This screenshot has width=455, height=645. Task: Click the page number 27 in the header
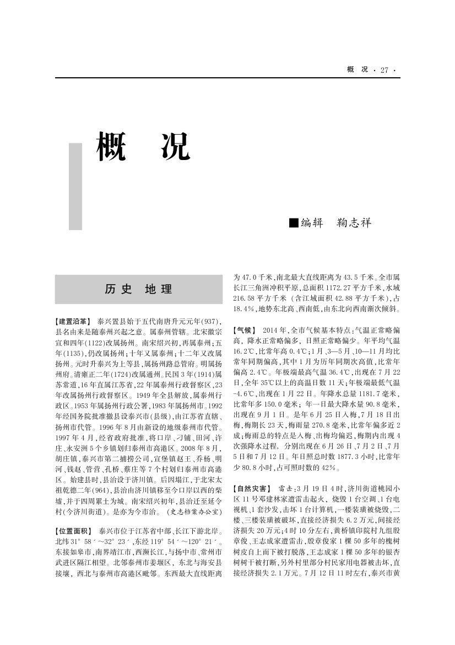[x=384, y=70]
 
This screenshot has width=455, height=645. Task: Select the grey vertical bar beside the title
[x=75, y=186]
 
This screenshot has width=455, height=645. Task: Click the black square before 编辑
[x=294, y=222]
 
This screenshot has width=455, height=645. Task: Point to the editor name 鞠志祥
[x=354, y=222]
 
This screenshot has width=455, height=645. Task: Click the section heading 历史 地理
[x=138, y=289]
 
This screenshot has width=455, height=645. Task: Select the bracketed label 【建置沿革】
[x=73, y=321]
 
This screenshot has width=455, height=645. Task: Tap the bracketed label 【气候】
[x=245, y=329]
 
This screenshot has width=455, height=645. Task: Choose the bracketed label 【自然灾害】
[x=252, y=488]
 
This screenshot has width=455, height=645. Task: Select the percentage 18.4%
[x=245, y=308]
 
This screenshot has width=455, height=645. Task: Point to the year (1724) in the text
[x=131, y=373]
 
